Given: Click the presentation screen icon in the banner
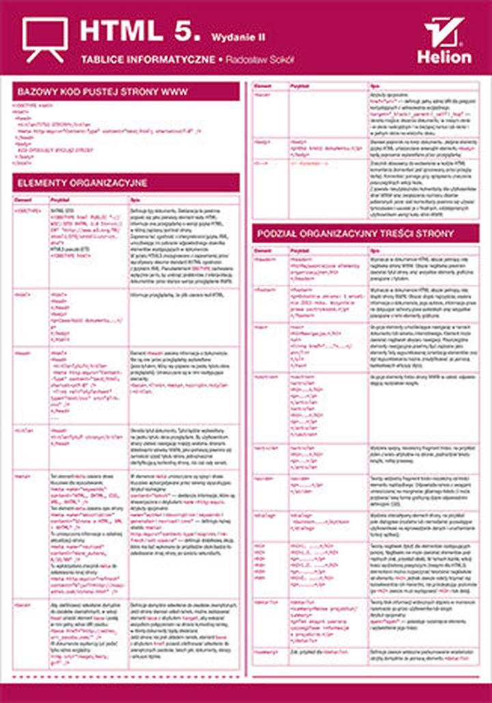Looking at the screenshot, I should coord(44,38).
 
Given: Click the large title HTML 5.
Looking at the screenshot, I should coord(139,31).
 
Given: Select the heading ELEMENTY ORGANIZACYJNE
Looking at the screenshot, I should coord(82,183).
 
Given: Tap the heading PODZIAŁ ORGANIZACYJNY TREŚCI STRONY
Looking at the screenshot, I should coord(355,234).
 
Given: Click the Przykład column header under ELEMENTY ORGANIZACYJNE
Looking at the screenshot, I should coord(61,199).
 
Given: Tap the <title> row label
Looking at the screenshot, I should coord(21,430).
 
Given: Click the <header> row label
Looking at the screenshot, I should coord(263,261).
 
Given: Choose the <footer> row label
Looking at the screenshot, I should coord(263,290).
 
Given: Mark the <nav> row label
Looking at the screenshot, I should coord(260,327).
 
